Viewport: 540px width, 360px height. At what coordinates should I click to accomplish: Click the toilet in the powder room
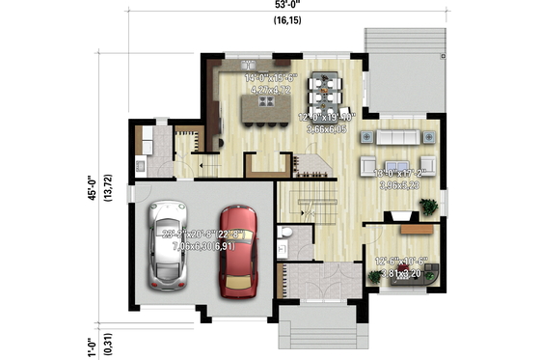click(285, 235)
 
